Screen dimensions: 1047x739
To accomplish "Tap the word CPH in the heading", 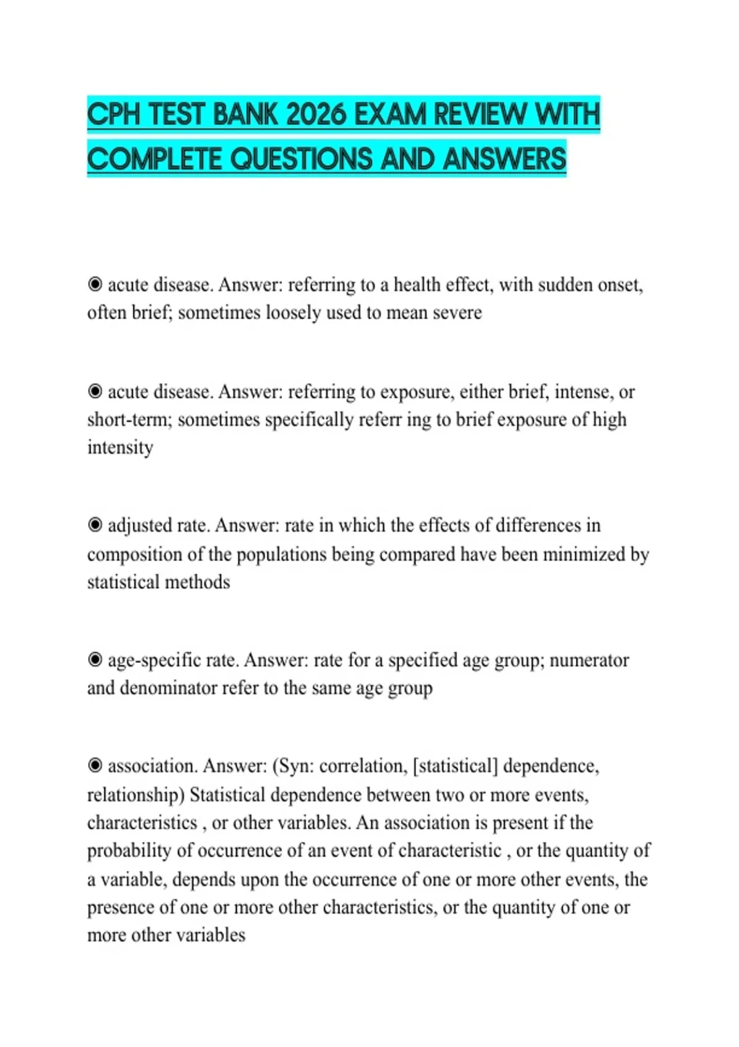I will pyautogui.click(x=115, y=115).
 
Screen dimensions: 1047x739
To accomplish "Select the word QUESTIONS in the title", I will pyautogui.click(x=301, y=160).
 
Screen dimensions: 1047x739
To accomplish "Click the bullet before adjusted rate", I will pyautogui.click(x=95, y=525).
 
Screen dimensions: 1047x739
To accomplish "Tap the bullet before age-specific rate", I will pyautogui.click(x=95, y=660).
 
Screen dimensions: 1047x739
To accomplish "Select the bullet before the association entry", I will pyautogui.click(x=95, y=766).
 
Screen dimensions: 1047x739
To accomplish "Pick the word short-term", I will pyautogui.click(x=130, y=420).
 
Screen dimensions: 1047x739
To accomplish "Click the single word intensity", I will pyautogui.click(x=120, y=447).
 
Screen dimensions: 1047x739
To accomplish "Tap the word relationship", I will pyautogui.click(x=135, y=795).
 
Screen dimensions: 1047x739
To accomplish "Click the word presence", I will pyautogui.click(x=121, y=907).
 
